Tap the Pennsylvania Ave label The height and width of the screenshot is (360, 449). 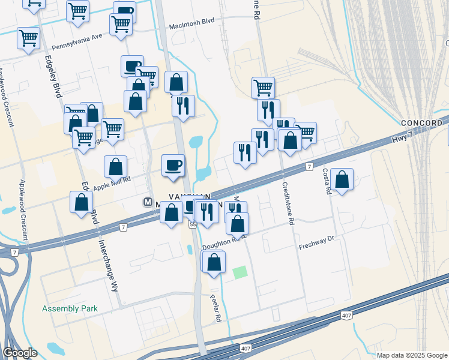click(77, 42)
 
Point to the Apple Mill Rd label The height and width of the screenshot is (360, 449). click(112, 183)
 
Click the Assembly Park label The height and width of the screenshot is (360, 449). click(70, 309)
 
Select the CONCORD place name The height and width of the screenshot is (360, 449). click(422, 123)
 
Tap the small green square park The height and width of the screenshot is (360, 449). click(240, 272)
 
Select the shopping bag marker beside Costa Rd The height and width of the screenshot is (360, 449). click(342, 179)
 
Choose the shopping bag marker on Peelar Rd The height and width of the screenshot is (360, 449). click(214, 262)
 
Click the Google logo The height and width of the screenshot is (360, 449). click(20, 353)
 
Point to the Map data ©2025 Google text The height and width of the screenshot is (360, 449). click(411, 355)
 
